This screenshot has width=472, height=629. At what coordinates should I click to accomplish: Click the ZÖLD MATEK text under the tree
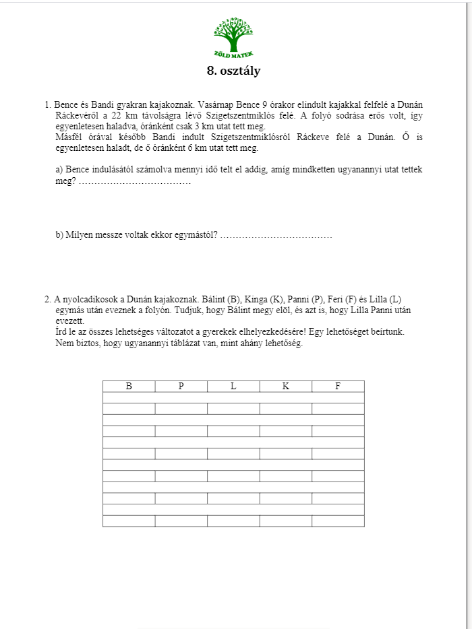click(233, 54)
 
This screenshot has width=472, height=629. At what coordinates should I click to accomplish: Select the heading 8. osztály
click(233, 70)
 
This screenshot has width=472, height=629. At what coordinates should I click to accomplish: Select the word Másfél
click(69, 137)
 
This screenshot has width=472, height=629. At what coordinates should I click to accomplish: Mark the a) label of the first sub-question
click(59, 170)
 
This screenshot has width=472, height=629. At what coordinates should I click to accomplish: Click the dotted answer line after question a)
click(135, 181)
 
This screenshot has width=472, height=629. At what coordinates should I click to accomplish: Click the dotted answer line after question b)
click(276, 235)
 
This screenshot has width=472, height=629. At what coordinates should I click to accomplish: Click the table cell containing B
click(129, 387)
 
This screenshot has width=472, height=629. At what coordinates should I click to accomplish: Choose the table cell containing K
click(286, 387)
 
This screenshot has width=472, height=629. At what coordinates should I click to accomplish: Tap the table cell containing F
click(338, 387)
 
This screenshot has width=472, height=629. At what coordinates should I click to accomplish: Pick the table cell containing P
click(181, 387)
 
